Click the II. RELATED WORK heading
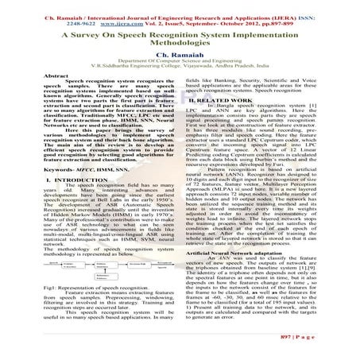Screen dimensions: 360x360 (x=232, y=102)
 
